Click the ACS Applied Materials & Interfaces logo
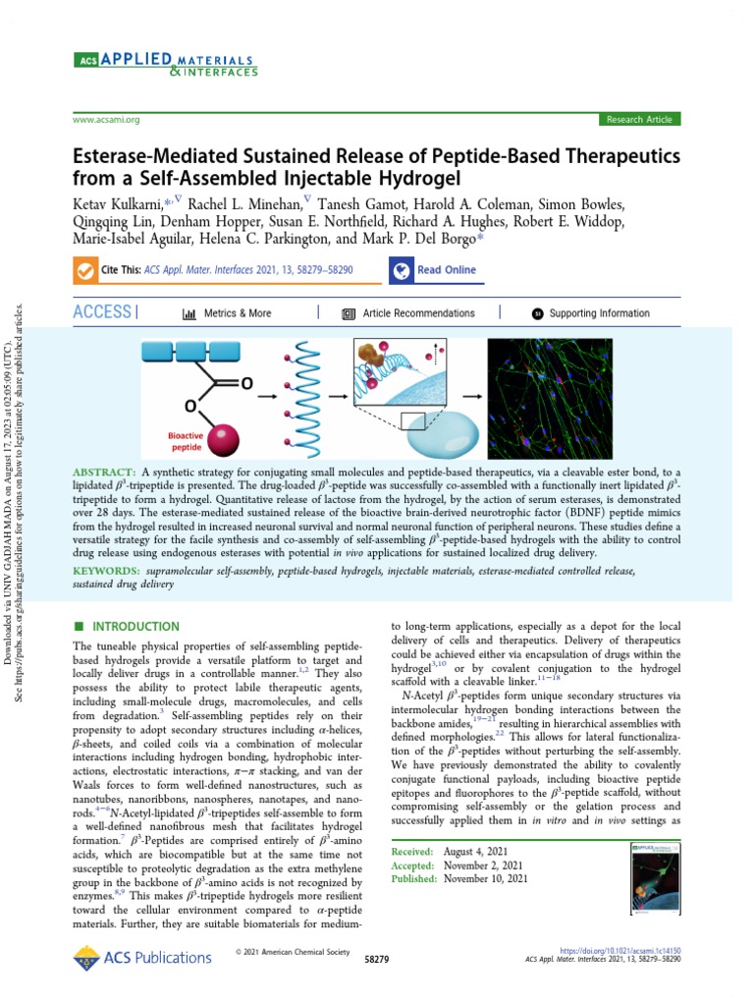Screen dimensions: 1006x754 pos(167,65)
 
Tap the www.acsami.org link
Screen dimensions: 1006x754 pos(106,120)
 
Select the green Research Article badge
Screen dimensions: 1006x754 pos(639,120)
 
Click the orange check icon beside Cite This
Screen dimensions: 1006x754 pos(83,270)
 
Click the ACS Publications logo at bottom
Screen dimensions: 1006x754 pos(143,957)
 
